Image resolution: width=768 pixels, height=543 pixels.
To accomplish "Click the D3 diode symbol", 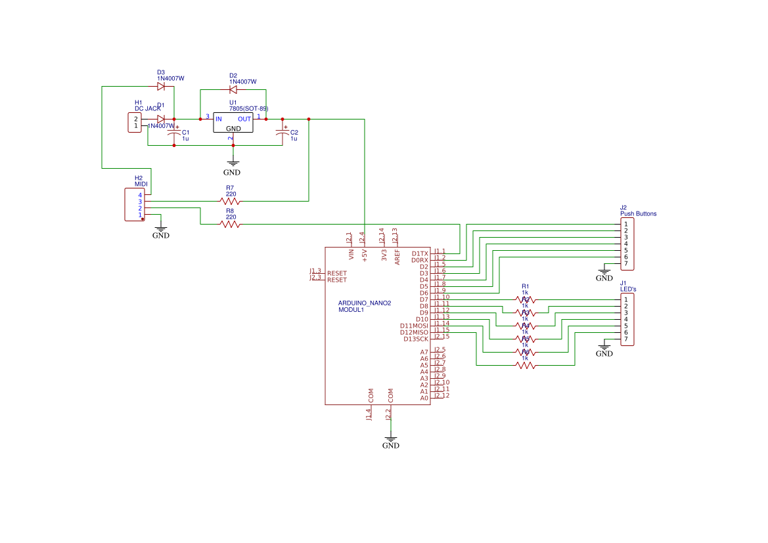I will coord(161,86).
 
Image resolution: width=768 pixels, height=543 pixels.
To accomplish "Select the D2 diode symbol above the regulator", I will coord(233,90).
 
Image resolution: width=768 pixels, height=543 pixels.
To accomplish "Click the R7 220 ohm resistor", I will coord(231,202).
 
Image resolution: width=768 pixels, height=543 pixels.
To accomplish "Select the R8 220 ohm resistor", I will coord(231,225).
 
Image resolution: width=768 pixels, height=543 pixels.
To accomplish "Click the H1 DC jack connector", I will coord(135,123).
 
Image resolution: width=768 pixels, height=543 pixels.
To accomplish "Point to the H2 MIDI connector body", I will coord(135,205).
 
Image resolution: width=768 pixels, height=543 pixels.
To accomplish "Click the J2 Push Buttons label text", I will coord(638,213).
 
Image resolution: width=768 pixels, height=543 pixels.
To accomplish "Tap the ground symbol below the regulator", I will coord(232,166).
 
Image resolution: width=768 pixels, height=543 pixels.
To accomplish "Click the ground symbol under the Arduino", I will coord(391,440).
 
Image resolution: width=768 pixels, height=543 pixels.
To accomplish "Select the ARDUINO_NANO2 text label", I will coord(365,303).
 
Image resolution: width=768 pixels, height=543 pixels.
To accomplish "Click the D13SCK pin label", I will coord(416,339).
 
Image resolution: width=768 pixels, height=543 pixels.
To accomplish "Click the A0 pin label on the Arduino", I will coord(424,398).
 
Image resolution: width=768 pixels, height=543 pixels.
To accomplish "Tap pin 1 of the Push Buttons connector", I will coord(626,225).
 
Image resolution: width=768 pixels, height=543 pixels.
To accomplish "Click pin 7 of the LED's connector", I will coord(626,339).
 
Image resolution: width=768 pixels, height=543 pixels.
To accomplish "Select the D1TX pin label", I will coord(420,253).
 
